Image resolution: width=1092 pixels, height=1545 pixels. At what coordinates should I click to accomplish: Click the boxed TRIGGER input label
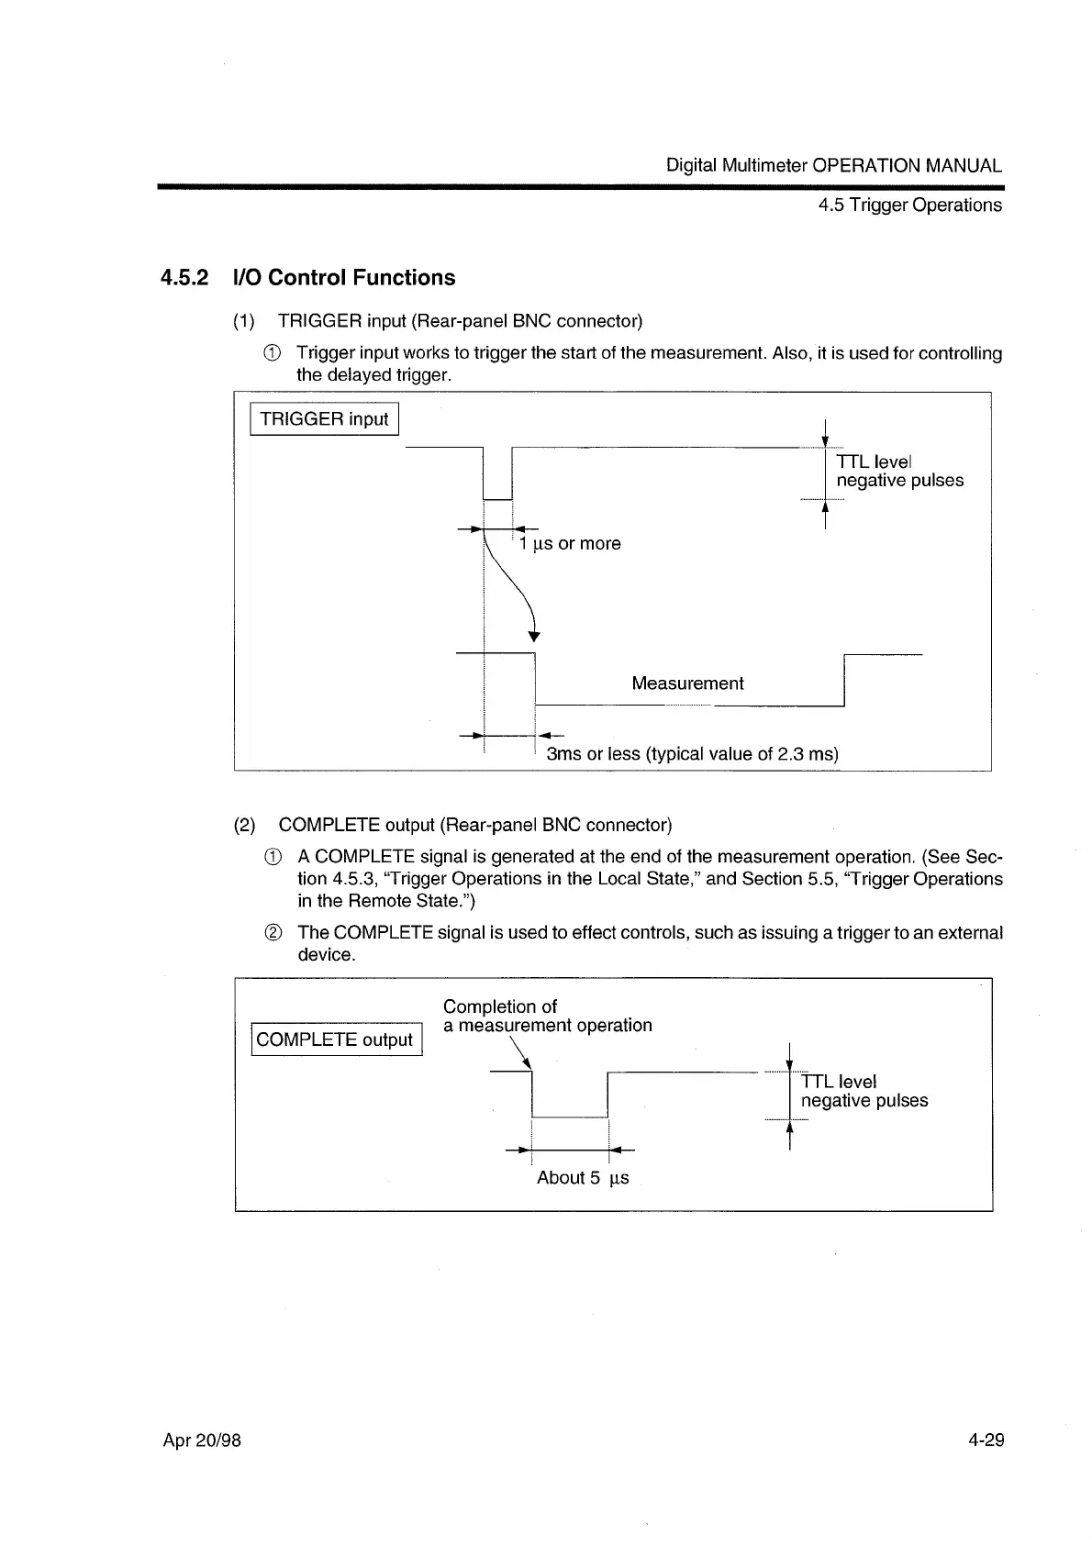pos(324,419)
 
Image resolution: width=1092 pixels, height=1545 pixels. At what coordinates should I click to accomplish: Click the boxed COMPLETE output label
pos(335,1039)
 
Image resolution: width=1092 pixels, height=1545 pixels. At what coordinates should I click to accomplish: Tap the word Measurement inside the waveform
pos(687,684)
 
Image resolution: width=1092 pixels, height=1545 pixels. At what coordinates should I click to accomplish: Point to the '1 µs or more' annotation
pos(570,544)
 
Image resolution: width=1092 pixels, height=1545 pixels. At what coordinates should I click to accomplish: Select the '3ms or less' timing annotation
pos(692,754)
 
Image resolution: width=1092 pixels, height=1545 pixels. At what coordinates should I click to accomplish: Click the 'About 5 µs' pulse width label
pos(583,1178)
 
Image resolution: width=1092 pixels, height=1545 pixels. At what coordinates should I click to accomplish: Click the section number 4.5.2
pos(184,278)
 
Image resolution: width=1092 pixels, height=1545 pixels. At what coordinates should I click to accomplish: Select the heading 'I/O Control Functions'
pos(345,278)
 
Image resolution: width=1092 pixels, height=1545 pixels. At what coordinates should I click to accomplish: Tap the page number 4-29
pos(986,1440)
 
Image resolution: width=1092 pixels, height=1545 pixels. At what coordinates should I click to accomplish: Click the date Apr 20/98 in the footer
pos(202,1440)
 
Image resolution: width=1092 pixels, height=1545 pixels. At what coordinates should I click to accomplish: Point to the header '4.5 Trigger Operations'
pos(909,205)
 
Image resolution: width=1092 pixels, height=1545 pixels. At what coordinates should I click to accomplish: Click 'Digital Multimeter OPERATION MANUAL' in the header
pos(833,166)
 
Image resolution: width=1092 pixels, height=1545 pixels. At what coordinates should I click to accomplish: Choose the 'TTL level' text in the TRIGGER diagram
pos(873,461)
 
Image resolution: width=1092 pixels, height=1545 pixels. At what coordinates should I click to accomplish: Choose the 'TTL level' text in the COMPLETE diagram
pos(839,1082)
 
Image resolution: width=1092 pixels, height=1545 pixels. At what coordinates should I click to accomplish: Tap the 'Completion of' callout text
pos(500,1006)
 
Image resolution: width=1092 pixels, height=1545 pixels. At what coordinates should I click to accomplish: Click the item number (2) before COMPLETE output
pos(245,825)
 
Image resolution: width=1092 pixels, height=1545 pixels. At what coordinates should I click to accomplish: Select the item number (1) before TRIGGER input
pos(244,321)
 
